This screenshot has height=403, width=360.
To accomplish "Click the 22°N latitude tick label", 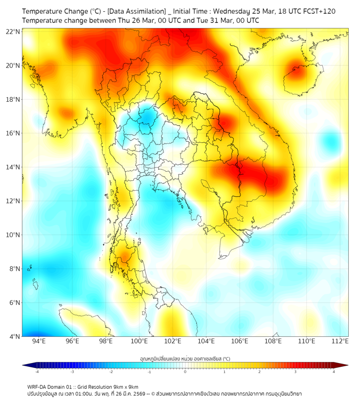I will [x=13, y=32].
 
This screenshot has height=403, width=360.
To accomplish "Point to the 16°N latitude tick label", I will [x=13, y=133].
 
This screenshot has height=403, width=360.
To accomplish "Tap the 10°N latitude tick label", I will [x=13, y=235].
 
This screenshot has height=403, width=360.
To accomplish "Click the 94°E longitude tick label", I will [x=39, y=342].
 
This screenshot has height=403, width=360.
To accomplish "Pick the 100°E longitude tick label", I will [x=140, y=342].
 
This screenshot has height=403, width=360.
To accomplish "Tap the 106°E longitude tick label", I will [x=240, y=342].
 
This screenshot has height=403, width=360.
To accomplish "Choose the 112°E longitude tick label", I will [x=340, y=342].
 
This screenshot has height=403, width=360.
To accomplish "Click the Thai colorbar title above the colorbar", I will [x=185, y=358].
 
